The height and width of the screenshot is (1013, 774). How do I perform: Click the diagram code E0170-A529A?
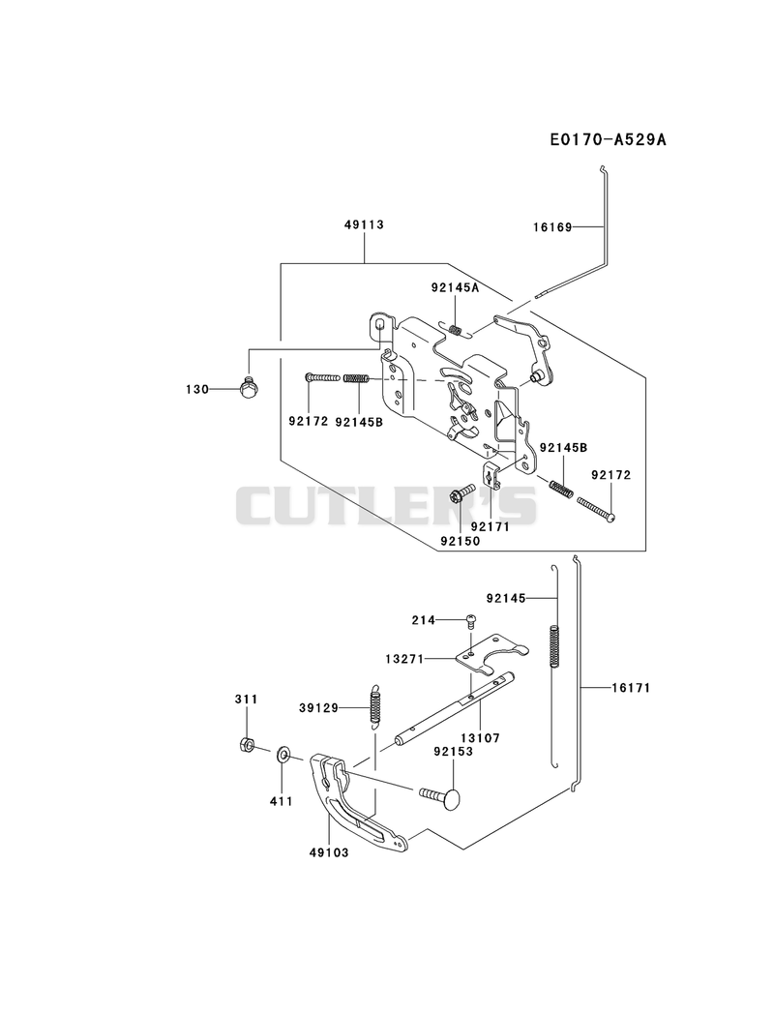[608, 139]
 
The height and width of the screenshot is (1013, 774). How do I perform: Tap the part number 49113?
[364, 224]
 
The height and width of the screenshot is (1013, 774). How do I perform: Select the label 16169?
[552, 227]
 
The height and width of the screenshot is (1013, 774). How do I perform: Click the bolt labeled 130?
[249, 388]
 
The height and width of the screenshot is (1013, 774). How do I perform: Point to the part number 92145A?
[455, 288]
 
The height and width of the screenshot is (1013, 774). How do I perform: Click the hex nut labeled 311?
[244, 745]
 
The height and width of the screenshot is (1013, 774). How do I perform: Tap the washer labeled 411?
[283, 754]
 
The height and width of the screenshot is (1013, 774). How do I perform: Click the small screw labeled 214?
[471, 620]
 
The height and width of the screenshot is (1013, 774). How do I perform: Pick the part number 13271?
[404, 660]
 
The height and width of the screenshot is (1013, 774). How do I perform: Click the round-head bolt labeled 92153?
[441, 796]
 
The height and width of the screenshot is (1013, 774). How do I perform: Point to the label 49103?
[328, 852]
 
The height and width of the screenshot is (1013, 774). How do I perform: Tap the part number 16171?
[631, 688]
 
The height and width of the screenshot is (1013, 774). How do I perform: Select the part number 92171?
[491, 526]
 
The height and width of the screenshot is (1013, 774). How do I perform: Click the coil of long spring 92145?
[554, 644]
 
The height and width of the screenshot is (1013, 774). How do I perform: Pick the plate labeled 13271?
[491, 652]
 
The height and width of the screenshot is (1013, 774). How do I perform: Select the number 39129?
[318, 708]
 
